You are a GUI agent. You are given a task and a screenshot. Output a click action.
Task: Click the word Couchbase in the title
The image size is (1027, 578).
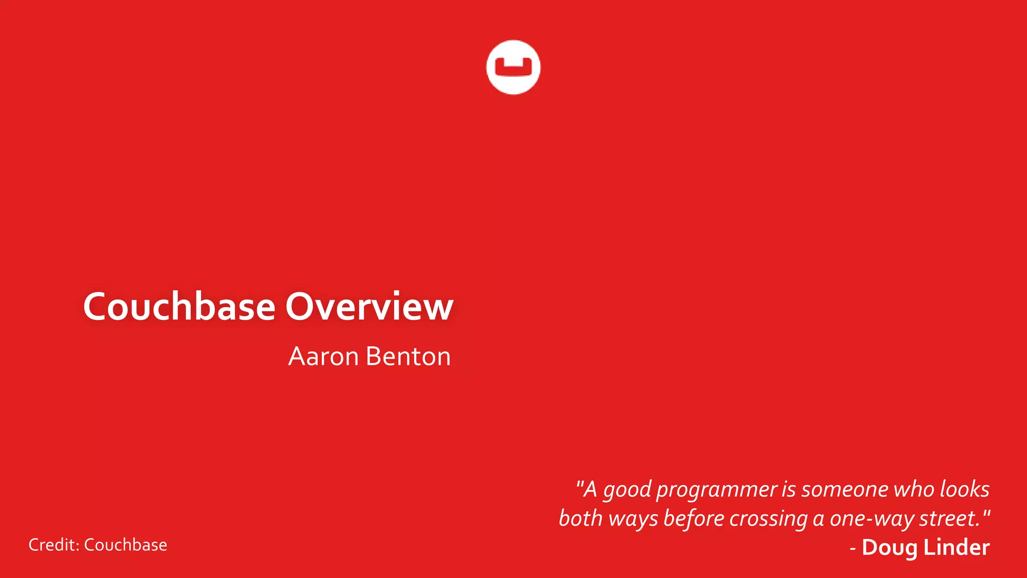click(x=179, y=307)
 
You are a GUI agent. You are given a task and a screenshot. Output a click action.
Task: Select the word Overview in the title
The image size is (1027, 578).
click(x=369, y=307)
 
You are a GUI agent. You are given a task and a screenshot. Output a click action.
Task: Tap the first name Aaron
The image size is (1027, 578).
click(x=323, y=357)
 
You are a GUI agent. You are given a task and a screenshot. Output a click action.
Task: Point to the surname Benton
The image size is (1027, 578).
click(x=408, y=357)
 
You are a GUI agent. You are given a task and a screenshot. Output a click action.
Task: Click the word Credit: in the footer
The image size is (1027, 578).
click(x=54, y=545)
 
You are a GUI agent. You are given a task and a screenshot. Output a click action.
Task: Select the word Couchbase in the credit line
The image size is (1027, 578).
click(x=125, y=545)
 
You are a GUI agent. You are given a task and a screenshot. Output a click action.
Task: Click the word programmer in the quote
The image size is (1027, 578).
click(x=717, y=490)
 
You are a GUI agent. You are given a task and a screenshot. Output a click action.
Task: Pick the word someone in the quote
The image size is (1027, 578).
click(x=844, y=489)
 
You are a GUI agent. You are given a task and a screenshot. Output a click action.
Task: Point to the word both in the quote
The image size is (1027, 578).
click(x=580, y=518)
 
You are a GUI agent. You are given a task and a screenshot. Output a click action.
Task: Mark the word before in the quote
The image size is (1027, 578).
click(x=694, y=518)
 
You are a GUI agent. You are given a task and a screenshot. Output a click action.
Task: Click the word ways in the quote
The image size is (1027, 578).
click(x=633, y=519)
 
